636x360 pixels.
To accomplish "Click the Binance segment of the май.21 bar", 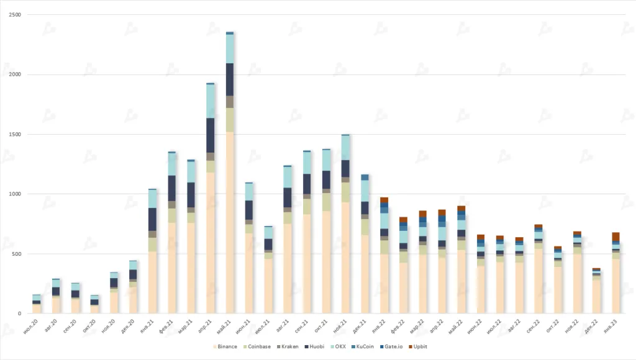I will pyautogui.click(x=230, y=223).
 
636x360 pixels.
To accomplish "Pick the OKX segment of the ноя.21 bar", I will pyautogui.click(x=345, y=148).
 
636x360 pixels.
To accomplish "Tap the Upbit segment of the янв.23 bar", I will pyautogui.click(x=616, y=236).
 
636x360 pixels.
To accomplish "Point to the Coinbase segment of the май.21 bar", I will pyautogui.click(x=230, y=120).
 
